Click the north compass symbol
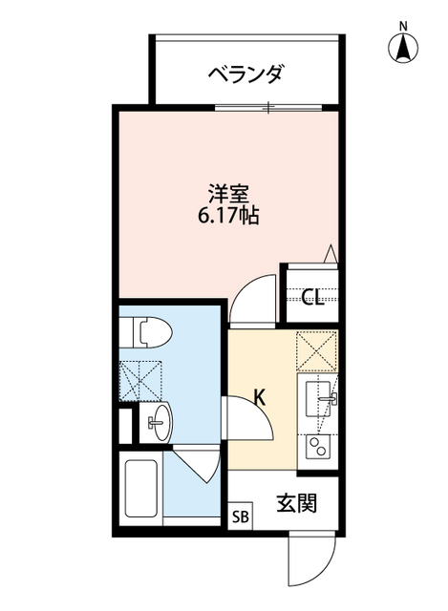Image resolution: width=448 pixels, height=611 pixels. click(x=403, y=45)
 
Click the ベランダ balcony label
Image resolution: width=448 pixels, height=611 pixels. click(x=245, y=73)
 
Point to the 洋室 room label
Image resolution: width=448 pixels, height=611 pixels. click(x=228, y=193)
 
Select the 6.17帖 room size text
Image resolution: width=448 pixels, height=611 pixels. click(x=228, y=215)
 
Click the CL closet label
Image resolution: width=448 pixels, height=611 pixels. click(x=311, y=297)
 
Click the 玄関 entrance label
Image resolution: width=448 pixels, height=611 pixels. click(x=297, y=503)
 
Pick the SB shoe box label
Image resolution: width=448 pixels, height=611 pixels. click(x=240, y=518)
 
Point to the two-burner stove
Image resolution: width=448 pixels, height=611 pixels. click(x=319, y=444)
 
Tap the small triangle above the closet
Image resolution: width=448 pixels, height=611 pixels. click(x=331, y=253)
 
